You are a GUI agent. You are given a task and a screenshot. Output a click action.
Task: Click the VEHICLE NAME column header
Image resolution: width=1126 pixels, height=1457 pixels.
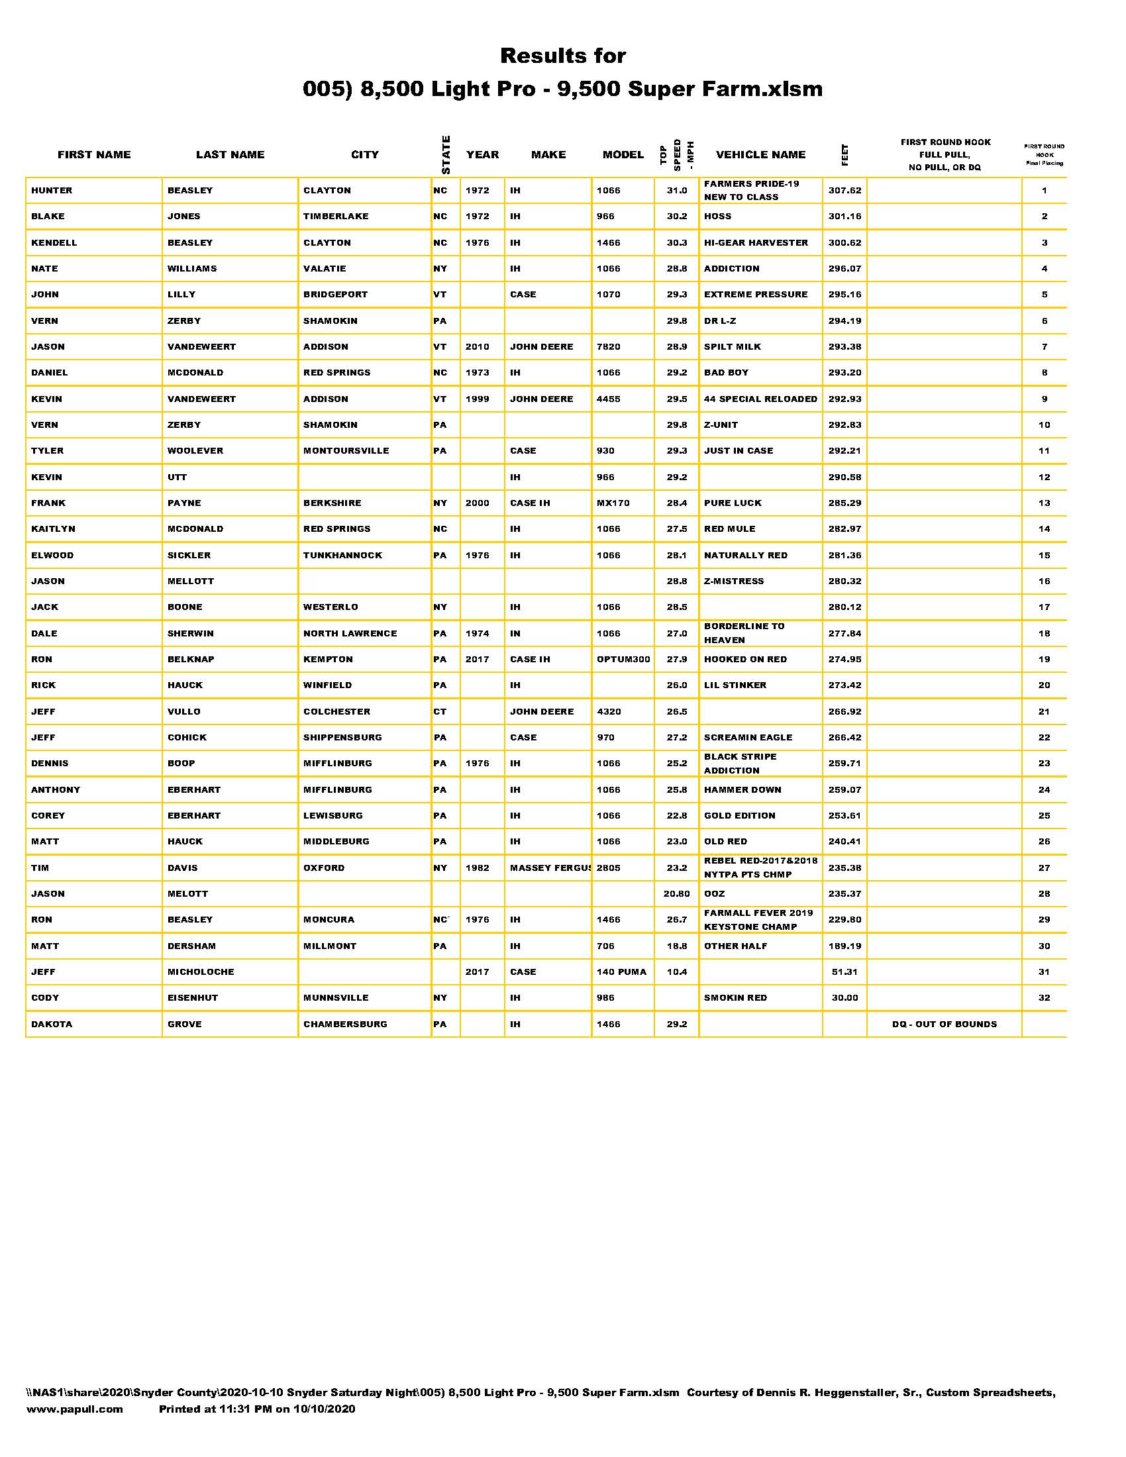tap(760, 155)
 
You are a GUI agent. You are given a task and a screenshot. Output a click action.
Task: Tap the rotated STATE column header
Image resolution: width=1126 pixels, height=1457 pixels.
tap(446, 155)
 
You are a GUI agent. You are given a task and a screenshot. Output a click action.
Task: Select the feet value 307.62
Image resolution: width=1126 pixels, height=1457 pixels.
tap(844, 191)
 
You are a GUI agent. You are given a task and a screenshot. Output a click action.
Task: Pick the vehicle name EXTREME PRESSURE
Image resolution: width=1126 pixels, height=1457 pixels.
tap(756, 295)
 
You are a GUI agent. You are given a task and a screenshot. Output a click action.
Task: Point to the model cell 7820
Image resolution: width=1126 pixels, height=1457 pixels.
tap(608, 347)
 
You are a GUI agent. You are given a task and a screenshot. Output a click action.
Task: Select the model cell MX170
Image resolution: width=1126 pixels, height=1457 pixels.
tap(613, 503)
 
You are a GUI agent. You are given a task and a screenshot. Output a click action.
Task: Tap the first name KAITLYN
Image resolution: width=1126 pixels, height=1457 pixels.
tap(54, 529)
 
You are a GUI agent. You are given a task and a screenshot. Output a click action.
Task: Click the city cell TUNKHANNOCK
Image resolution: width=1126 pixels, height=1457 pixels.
tap(343, 556)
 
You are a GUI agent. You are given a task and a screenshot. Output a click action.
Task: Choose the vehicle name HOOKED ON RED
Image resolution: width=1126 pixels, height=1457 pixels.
tap(745, 660)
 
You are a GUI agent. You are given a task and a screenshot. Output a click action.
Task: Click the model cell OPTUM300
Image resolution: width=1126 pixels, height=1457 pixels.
tap(623, 660)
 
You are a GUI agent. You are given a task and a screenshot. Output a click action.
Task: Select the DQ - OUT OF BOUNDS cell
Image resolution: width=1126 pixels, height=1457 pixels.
tap(944, 1024)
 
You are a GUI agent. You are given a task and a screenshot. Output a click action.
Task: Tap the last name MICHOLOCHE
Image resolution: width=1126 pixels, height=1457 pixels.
tap(201, 972)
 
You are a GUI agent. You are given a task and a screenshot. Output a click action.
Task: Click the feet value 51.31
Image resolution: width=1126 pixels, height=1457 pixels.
tap(844, 972)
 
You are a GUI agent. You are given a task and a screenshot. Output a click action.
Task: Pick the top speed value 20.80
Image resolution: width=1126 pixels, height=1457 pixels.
tap(676, 894)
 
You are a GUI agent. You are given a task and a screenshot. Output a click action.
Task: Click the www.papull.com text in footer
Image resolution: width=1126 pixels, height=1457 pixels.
tap(75, 1409)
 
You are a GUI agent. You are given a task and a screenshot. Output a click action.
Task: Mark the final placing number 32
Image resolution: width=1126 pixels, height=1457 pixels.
tap(1044, 998)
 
